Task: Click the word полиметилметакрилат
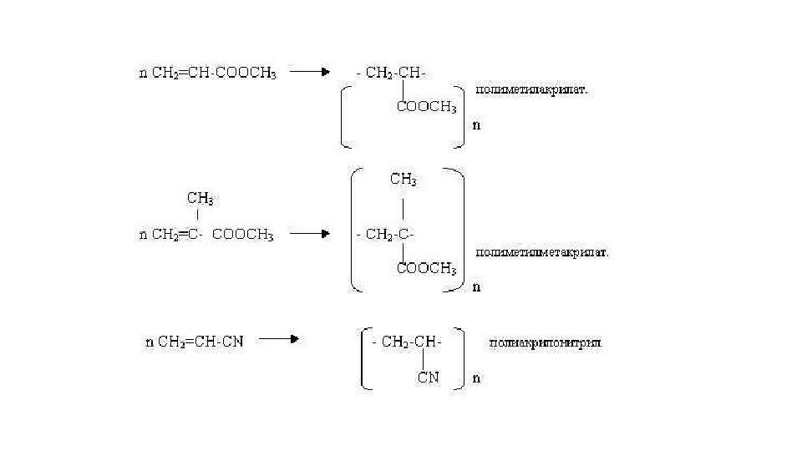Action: point(542,251)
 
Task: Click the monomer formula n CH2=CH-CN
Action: point(195,342)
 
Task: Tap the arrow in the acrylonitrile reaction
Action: point(278,339)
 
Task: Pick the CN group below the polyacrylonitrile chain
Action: point(429,378)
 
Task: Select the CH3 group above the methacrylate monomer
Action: point(200,199)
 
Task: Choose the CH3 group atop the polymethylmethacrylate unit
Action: point(404,180)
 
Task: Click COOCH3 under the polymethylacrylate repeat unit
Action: point(426,107)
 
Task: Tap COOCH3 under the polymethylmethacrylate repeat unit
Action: point(426,269)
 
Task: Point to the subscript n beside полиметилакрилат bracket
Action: point(477,126)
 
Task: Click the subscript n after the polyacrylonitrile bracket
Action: point(476,378)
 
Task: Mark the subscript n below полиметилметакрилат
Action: point(477,287)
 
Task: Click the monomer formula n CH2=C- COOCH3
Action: point(206,235)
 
